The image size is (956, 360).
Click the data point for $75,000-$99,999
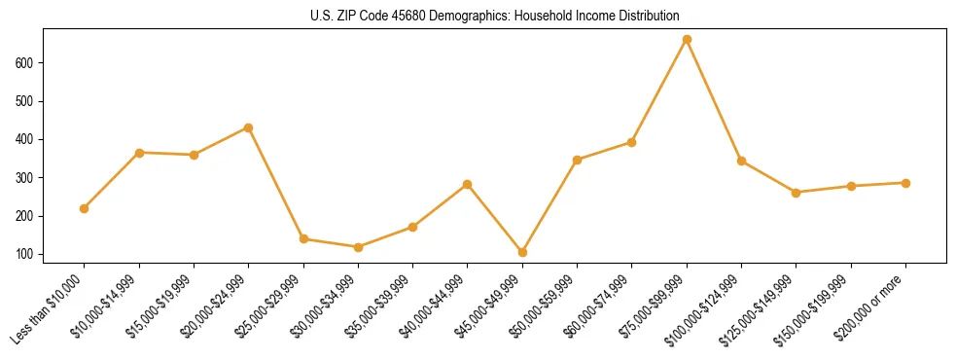click(x=687, y=40)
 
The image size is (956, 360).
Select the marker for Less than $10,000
click(x=85, y=208)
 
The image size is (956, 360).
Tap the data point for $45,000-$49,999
click(x=522, y=252)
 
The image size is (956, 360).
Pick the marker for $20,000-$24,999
click(x=249, y=127)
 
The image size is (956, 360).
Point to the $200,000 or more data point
click(x=905, y=183)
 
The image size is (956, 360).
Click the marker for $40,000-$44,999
click(x=468, y=184)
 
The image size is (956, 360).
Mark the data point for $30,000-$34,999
click(x=359, y=247)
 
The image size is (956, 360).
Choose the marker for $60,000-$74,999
click(x=632, y=142)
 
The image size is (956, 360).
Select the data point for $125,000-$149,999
click(x=797, y=193)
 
